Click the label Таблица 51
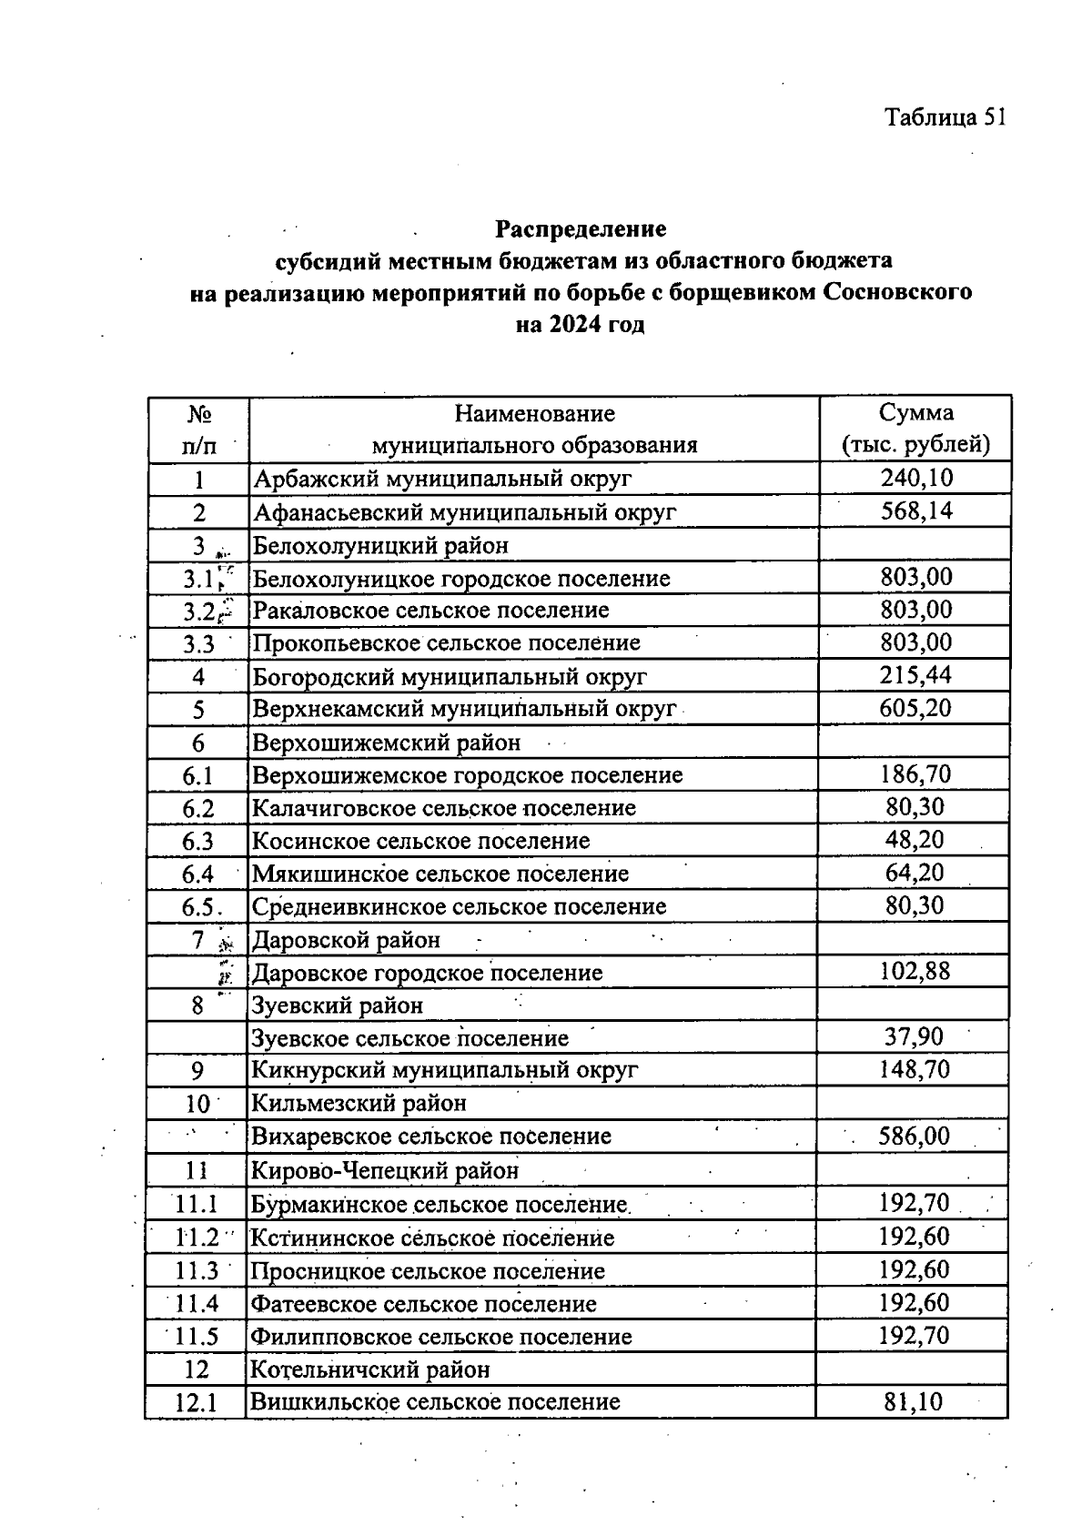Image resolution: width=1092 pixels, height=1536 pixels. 945,117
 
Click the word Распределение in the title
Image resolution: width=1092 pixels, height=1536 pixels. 581,228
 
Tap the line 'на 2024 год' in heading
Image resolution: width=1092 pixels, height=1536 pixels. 581,324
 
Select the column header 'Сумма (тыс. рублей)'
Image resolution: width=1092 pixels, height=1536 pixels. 915,429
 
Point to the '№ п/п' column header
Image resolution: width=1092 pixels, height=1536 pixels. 199,429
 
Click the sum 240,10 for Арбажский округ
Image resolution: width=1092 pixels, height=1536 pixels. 916,478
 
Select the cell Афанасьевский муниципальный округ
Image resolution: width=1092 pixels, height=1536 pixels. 464,511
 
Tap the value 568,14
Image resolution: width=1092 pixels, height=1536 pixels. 916,510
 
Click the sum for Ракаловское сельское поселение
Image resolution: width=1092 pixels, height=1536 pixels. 916,610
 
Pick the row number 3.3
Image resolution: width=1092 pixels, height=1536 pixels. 198,644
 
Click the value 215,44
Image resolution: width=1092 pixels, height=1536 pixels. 915,675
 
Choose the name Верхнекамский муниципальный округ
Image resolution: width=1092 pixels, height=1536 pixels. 464,709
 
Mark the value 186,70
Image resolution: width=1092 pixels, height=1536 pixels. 915,774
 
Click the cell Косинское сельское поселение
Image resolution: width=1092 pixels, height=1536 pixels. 420,841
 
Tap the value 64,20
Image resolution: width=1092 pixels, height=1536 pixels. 915,873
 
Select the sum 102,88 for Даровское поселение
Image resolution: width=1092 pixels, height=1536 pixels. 915,971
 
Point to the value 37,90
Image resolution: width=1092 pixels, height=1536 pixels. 915,1036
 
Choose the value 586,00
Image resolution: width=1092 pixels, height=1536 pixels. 915,1136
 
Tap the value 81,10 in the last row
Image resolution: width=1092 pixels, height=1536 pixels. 914,1401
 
